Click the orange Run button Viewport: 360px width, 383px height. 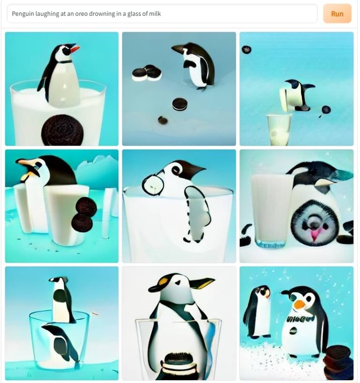click(337, 13)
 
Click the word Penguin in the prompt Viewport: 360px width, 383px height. click(23, 13)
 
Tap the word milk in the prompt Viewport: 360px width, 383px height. click(154, 13)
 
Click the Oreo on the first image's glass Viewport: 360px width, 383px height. click(62, 130)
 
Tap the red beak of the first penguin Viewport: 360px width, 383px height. click(74, 48)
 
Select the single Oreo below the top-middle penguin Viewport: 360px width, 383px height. click(179, 103)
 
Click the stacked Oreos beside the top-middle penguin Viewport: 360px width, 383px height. click(147, 73)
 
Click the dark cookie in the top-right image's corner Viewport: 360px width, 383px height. click(246, 49)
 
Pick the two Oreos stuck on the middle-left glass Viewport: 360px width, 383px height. click(84, 214)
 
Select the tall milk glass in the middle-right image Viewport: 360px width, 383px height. click(270, 208)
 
